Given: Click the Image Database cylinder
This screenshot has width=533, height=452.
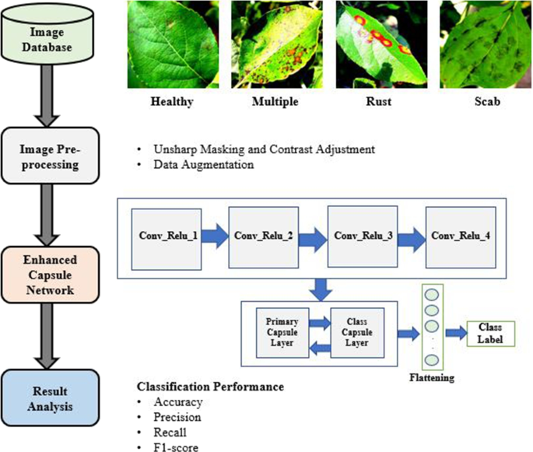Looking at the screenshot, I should pyautogui.click(x=52, y=40).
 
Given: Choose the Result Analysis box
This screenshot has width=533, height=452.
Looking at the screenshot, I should pyautogui.click(x=52, y=392).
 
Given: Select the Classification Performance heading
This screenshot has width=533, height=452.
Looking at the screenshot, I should pyautogui.click(x=210, y=387).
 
